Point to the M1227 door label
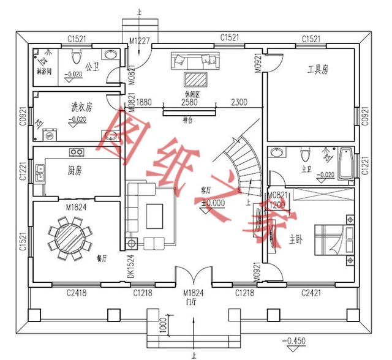coord(140,40)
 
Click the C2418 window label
coord(76,293)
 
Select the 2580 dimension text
coord(190,103)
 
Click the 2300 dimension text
coord(239,103)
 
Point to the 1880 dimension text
coord(145,103)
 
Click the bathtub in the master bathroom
coord(347,164)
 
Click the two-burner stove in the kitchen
coord(77,151)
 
